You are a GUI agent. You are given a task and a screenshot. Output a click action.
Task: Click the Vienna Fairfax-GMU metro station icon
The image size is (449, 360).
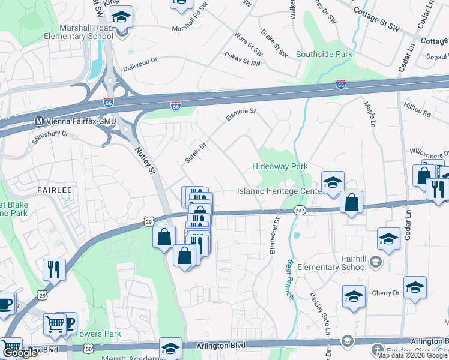(x=40, y=120)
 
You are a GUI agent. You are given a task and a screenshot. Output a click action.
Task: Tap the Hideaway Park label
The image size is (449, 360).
(x=280, y=166)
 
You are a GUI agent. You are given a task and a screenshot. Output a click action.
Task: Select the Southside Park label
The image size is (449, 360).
(x=324, y=54)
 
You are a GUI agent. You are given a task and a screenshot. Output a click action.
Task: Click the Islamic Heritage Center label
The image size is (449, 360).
(x=280, y=191)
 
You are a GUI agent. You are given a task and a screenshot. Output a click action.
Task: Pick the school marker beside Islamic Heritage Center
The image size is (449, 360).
(x=332, y=182)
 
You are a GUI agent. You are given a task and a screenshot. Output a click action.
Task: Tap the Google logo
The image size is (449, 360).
(x=19, y=353)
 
